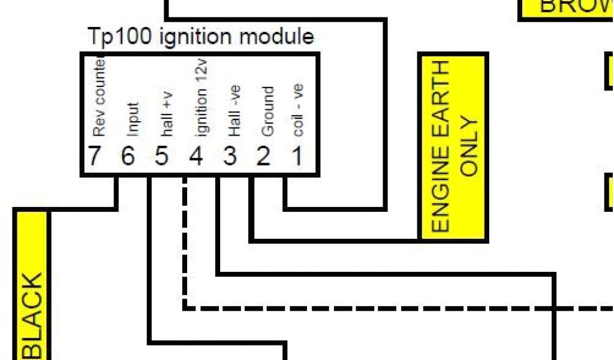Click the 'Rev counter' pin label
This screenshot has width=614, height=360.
(99, 96)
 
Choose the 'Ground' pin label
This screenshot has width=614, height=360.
(268, 112)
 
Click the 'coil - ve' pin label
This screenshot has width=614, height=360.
(298, 109)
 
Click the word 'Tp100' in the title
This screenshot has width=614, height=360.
(121, 37)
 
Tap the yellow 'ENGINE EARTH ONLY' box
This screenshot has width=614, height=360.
(453, 147)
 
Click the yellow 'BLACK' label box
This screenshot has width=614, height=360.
(31, 288)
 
